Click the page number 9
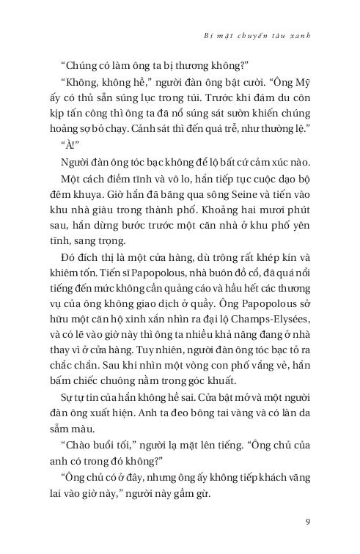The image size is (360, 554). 309,522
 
